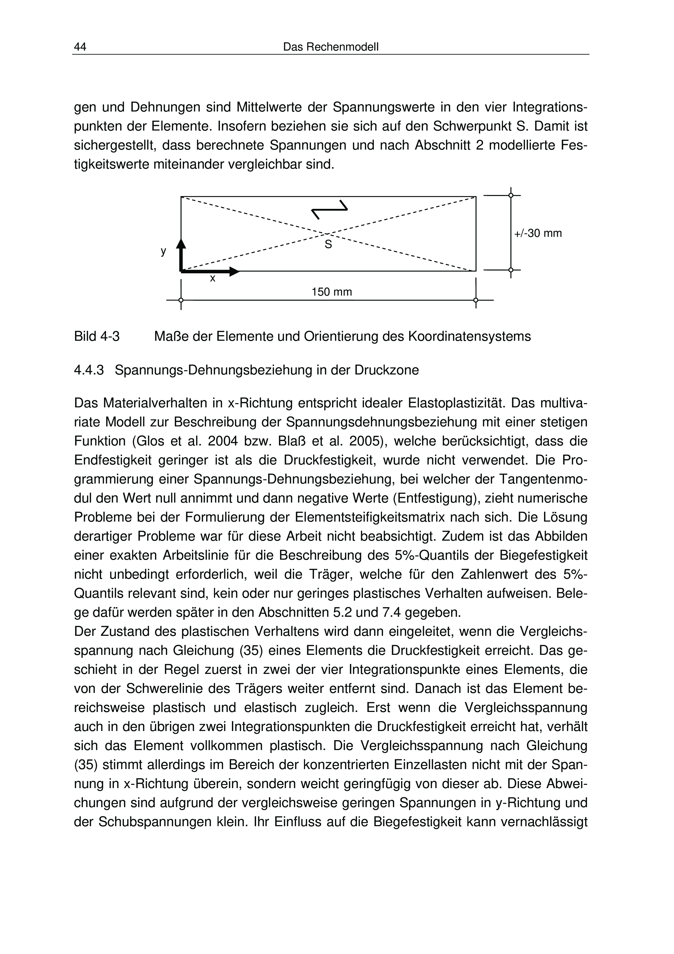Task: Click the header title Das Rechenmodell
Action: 331,47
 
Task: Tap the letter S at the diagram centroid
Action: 328,245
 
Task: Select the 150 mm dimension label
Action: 331,292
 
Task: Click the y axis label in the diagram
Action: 164,251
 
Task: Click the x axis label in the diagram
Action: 213,278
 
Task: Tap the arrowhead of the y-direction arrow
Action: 181,243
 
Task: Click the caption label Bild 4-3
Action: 97,336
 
